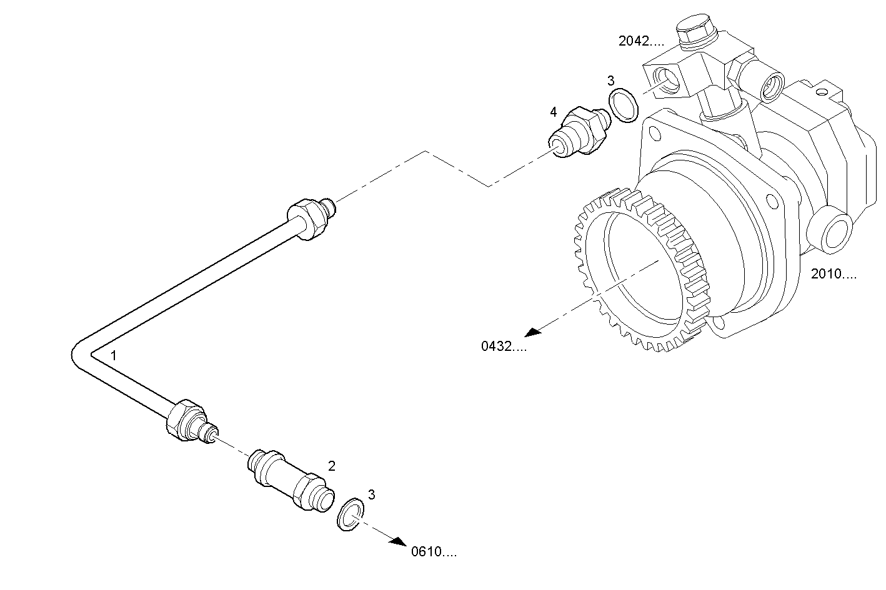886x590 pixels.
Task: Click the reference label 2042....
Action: (641, 41)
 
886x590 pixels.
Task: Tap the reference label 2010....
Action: (834, 273)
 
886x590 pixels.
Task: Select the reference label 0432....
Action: (504, 347)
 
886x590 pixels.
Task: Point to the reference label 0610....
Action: (434, 552)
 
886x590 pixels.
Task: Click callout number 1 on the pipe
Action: (114, 355)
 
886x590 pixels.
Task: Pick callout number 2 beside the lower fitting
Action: (332, 466)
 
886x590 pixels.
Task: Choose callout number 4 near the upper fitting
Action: (553, 112)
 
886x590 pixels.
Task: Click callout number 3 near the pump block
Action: (610, 81)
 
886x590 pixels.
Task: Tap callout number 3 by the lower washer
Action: (371, 494)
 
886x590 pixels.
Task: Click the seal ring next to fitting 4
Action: (623, 105)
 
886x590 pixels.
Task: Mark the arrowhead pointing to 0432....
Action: (532, 332)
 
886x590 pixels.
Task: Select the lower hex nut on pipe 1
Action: (185, 420)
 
